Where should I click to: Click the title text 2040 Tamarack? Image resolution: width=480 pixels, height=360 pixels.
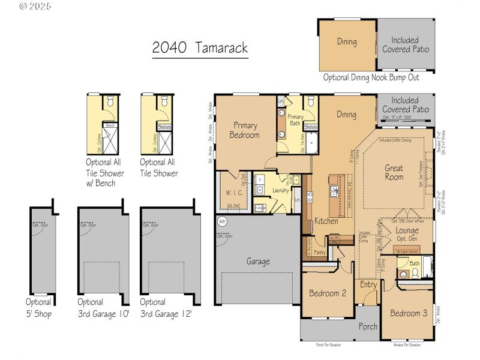[x=199, y=49]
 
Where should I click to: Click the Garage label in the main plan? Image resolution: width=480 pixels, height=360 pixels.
[x=257, y=262]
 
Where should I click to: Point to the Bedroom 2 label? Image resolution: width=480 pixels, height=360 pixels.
[x=327, y=293]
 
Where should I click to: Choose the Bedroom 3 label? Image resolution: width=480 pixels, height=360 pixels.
[x=409, y=313]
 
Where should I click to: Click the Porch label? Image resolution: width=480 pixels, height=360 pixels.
[x=368, y=327]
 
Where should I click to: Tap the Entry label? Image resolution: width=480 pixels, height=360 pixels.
[x=368, y=285]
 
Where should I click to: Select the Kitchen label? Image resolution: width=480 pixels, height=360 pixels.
[x=326, y=221]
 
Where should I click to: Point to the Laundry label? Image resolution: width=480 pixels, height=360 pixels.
[x=280, y=191]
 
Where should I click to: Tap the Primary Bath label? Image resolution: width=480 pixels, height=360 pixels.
[x=295, y=120]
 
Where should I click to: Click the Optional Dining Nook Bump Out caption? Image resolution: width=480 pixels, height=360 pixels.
[x=371, y=77]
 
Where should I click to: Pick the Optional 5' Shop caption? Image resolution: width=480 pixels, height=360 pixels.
[x=38, y=307]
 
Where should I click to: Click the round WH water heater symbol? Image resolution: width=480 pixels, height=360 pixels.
[x=221, y=221]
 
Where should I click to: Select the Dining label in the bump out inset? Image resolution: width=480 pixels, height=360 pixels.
[x=346, y=42]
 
